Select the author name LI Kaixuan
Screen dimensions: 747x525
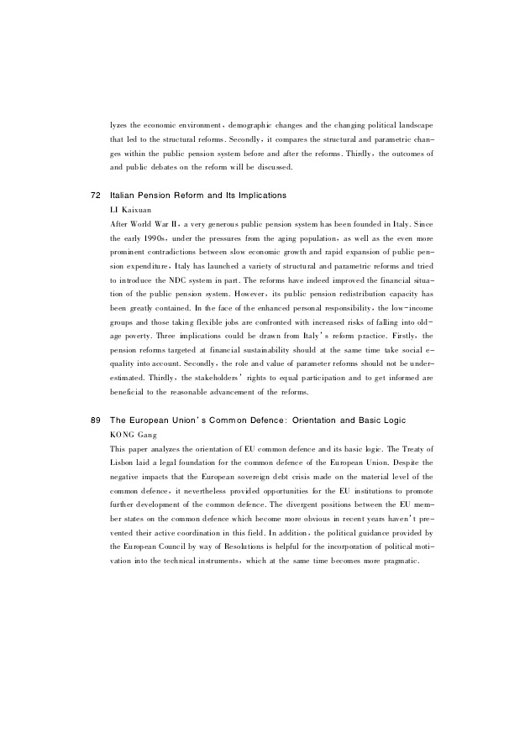click(129, 209)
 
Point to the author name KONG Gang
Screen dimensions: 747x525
click(133, 434)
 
